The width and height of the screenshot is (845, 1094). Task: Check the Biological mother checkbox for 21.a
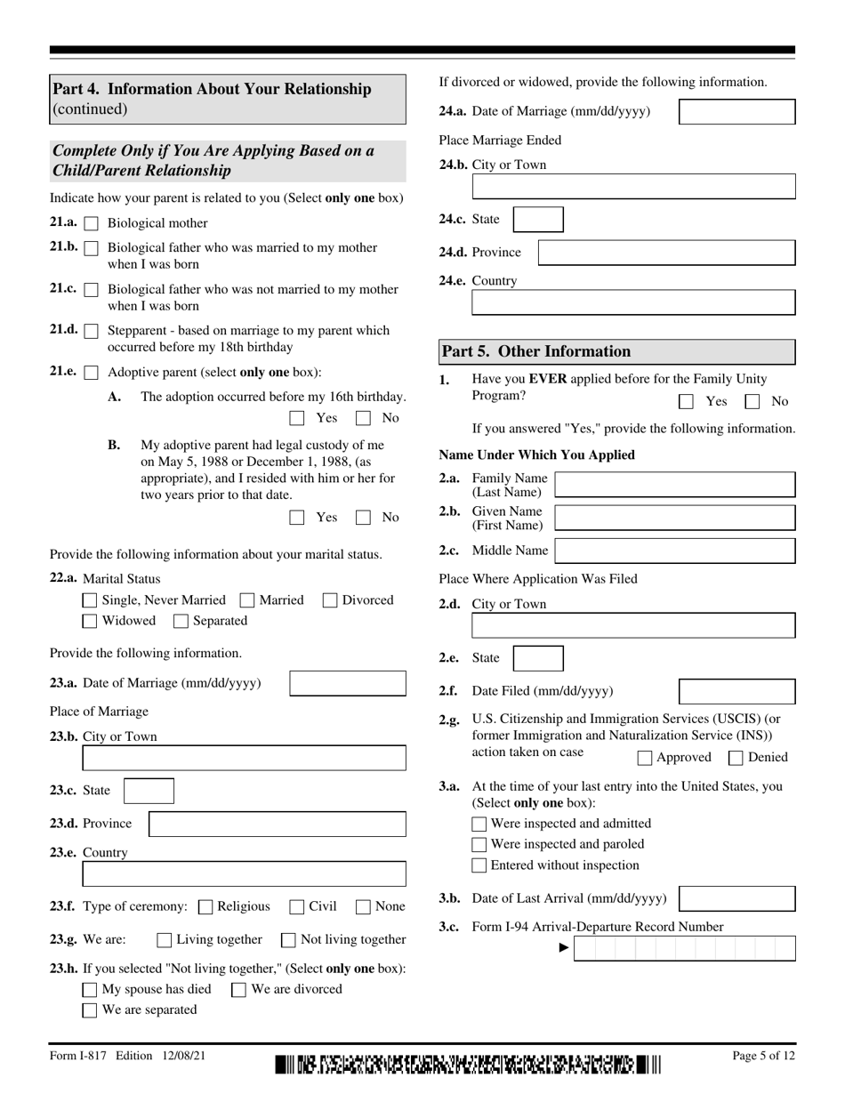pyautogui.click(x=91, y=224)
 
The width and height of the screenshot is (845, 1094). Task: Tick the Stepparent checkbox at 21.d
pyautogui.click(x=91, y=332)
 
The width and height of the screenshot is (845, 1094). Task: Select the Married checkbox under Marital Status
pyautogui.click(x=248, y=600)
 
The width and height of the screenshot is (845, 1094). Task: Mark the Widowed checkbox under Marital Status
pyautogui.click(x=90, y=621)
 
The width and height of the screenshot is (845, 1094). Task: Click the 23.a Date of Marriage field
pyautogui.click(x=348, y=684)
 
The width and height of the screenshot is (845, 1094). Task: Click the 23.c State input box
pyautogui.click(x=149, y=791)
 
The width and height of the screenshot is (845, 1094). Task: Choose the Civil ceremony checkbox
pyautogui.click(x=297, y=907)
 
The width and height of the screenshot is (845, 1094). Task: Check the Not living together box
pyautogui.click(x=289, y=940)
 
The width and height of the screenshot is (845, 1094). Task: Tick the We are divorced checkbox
pyautogui.click(x=239, y=990)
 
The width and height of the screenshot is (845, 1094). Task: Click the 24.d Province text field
pyautogui.click(x=666, y=253)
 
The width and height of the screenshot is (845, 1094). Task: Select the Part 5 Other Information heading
pyautogui.click(x=537, y=351)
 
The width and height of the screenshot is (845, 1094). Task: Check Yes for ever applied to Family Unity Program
pyautogui.click(x=686, y=402)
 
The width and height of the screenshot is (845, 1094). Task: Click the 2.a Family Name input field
pyautogui.click(x=674, y=485)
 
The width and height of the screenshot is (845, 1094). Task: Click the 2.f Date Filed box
pyautogui.click(x=736, y=691)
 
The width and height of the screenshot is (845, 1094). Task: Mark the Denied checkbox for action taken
pyautogui.click(x=736, y=758)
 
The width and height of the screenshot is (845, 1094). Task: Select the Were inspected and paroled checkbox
pyautogui.click(x=479, y=845)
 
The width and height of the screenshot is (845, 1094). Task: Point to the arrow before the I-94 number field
pyautogui.click(x=563, y=948)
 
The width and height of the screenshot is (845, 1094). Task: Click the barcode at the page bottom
pyautogui.click(x=469, y=1064)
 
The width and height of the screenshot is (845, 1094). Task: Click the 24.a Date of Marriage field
pyautogui.click(x=736, y=112)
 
